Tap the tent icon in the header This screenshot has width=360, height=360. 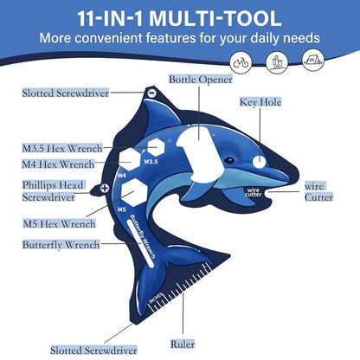[312, 61]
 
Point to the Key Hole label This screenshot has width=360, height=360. [259, 102]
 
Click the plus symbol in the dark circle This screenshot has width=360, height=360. [105, 188]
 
